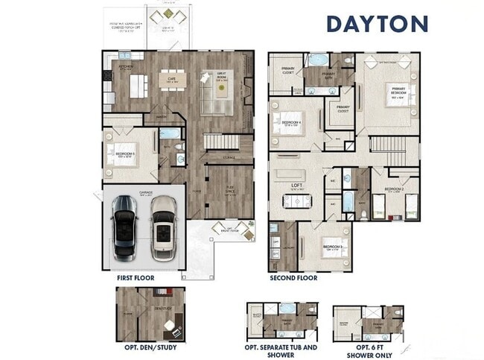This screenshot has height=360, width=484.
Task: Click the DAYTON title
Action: pyautogui.click(x=377, y=23)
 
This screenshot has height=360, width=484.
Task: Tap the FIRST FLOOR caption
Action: pyautogui.click(x=135, y=278)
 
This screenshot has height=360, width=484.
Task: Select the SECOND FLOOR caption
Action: pyautogui.click(x=293, y=278)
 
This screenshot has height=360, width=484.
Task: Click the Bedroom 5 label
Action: pyautogui.click(x=124, y=155)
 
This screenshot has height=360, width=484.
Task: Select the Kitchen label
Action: pyautogui.click(x=126, y=67)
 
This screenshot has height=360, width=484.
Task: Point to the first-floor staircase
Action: pyautogui.click(x=222, y=142)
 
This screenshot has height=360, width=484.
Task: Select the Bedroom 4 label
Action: pyautogui.click(x=291, y=123)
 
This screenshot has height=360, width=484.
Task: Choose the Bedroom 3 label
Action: pyautogui.click(x=332, y=246)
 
